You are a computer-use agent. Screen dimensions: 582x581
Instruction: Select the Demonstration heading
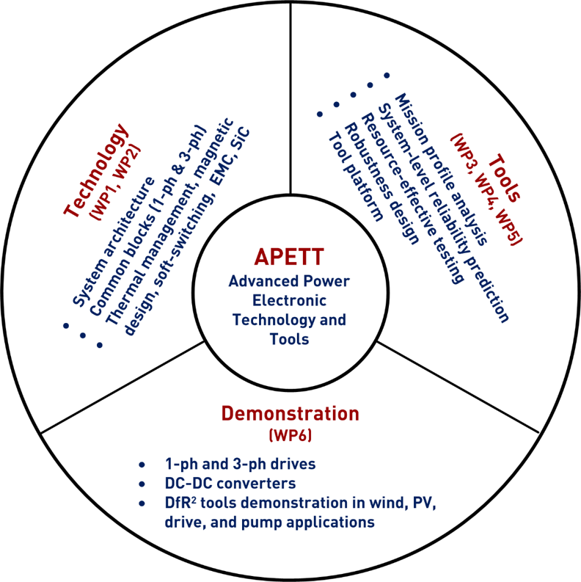point(290,414)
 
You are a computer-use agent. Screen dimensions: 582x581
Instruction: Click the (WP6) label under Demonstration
point(290,436)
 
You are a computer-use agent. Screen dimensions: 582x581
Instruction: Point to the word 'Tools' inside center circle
point(290,339)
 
